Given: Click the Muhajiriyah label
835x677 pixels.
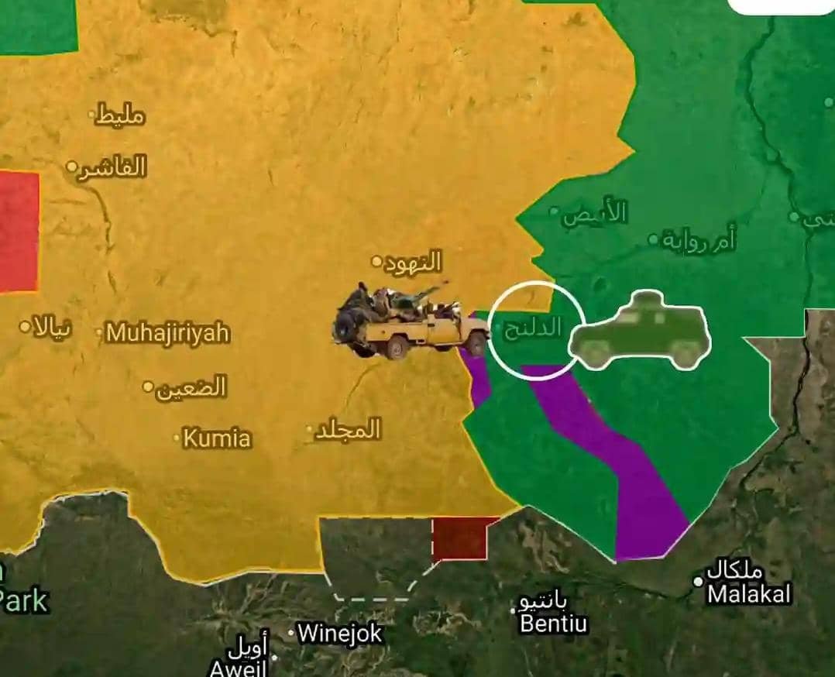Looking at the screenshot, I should pyautogui.click(x=168, y=333).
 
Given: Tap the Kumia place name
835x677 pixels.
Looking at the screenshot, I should pyautogui.click(x=217, y=438).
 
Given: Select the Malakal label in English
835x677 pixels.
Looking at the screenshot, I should pyautogui.click(x=749, y=594).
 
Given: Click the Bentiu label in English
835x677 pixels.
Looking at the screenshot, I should pyautogui.click(x=554, y=623).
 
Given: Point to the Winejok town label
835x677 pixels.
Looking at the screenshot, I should pyautogui.click(x=340, y=634).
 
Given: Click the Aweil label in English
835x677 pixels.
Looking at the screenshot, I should pyautogui.click(x=238, y=668).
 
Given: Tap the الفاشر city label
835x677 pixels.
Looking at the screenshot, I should pyautogui.click(x=113, y=167).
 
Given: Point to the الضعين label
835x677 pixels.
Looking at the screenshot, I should pyautogui.click(x=191, y=387).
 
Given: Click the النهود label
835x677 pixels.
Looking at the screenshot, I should pyautogui.click(x=413, y=262).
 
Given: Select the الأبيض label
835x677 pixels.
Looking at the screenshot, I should pyautogui.click(x=595, y=213).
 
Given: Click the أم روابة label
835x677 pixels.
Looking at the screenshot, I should pyautogui.click(x=699, y=240).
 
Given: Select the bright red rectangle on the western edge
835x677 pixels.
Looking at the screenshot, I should pyautogui.click(x=19, y=232).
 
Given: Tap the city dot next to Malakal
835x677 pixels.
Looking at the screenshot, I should pyautogui.click(x=698, y=581).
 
